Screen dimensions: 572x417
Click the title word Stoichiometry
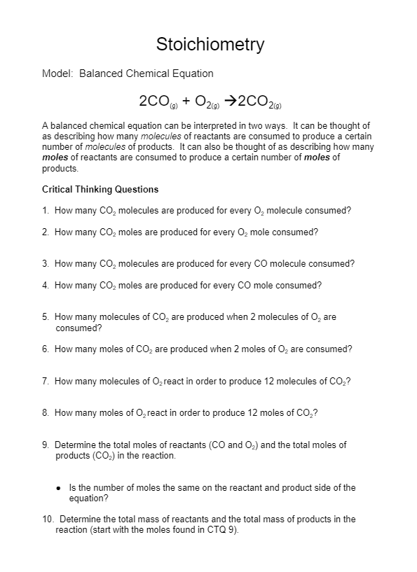(210, 45)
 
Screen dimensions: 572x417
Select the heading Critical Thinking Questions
(100, 189)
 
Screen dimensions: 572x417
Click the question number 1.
(45, 210)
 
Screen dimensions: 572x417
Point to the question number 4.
(45, 286)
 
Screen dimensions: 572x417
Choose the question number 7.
(45, 382)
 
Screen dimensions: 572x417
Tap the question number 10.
(47, 519)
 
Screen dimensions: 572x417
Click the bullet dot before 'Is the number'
(59, 488)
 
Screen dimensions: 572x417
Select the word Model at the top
(56, 74)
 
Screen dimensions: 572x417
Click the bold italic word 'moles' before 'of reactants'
(55, 158)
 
